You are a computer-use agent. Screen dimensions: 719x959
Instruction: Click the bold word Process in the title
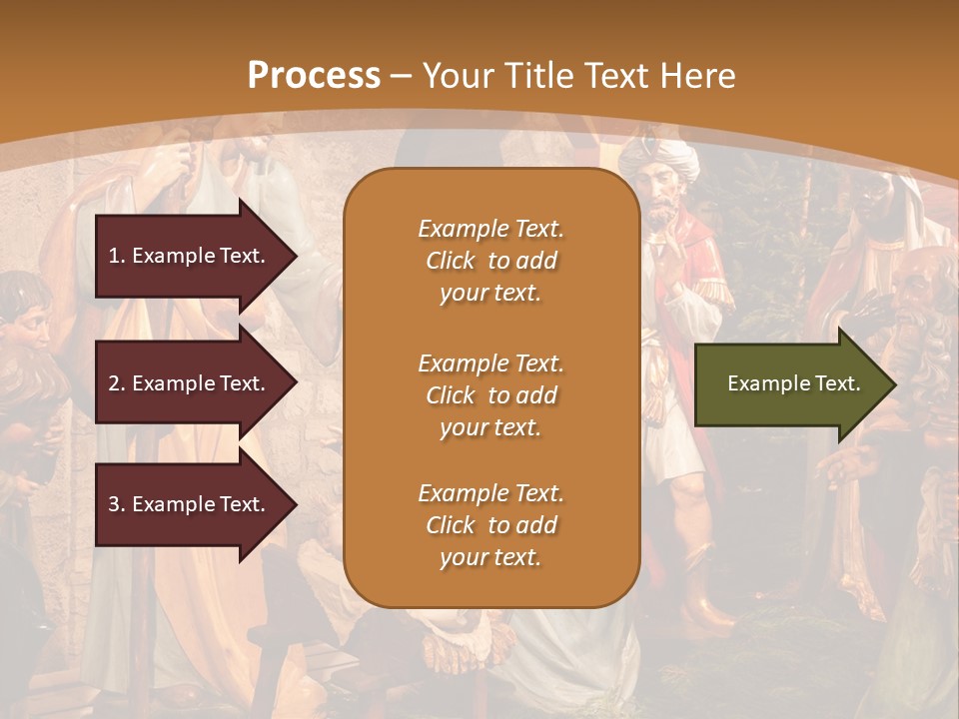[314, 76]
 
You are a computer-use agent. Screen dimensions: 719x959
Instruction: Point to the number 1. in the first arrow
[117, 256]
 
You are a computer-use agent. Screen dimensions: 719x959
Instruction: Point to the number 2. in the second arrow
[117, 383]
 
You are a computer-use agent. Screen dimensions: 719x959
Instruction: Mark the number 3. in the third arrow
[117, 504]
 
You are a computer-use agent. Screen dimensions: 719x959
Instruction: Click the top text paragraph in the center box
[490, 261]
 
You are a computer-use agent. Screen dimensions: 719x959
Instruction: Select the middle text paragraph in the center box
[490, 395]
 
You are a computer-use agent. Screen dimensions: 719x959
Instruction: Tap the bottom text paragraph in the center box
[490, 525]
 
